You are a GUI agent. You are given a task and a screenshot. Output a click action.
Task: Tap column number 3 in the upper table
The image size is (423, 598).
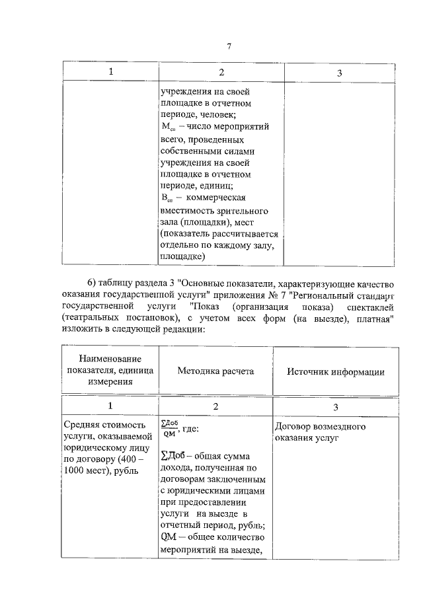(x=339, y=72)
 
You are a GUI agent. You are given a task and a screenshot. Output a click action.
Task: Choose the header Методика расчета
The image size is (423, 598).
(x=215, y=371)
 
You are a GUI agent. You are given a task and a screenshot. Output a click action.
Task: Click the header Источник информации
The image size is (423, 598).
(x=336, y=371)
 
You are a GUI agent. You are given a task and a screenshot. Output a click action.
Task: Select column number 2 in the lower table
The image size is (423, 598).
(x=215, y=406)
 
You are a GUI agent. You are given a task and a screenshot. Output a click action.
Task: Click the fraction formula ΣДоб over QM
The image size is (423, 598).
(x=169, y=428)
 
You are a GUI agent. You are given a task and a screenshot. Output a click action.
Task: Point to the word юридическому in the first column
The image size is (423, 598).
(x=94, y=450)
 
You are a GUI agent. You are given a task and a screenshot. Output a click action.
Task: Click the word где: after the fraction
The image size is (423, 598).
(x=193, y=428)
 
